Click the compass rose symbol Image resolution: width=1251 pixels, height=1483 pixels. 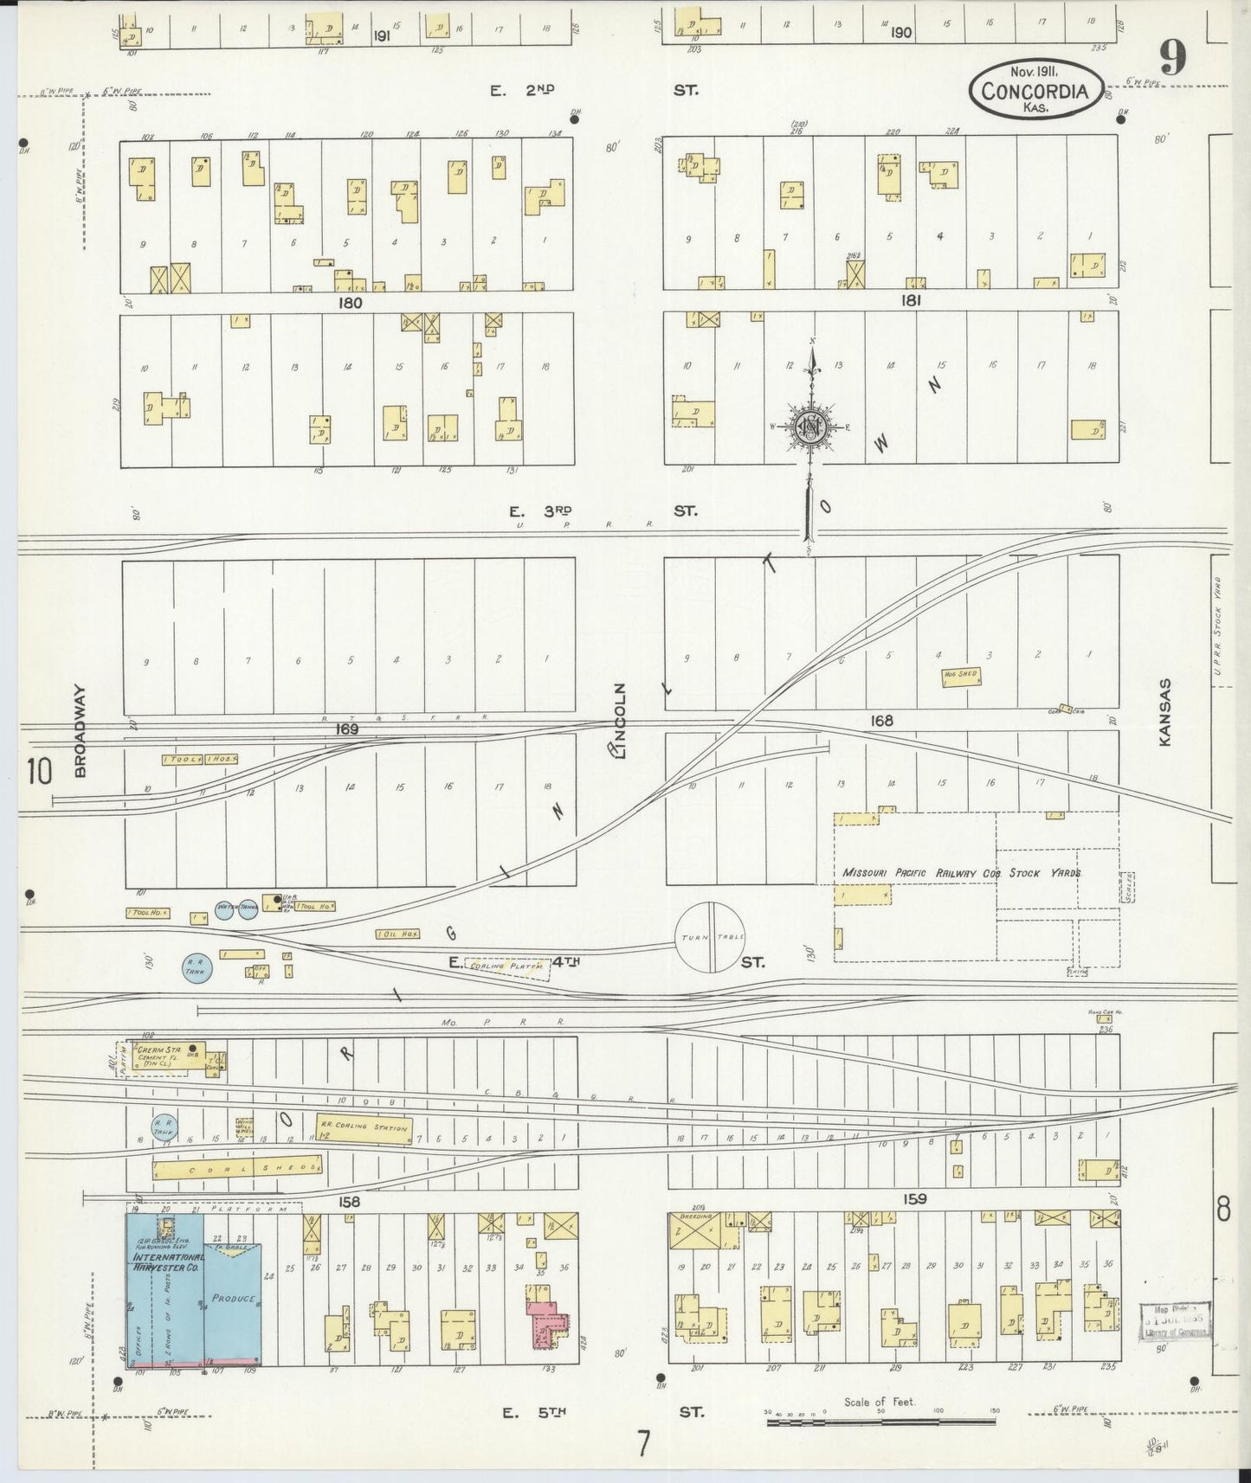tap(811, 426)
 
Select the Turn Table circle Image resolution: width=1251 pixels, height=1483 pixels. tap(710, 937)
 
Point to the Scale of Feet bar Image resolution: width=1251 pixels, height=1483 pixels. tap(880, 1421)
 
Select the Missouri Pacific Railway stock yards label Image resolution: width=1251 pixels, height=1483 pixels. tap(961, 873)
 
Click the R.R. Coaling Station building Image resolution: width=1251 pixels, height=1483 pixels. tap(364, 1128)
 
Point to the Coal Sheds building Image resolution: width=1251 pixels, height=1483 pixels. tap(237, 1169)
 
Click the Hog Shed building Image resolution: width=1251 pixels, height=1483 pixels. tap(962, 677)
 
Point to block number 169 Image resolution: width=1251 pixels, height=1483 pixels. tap(348, 729)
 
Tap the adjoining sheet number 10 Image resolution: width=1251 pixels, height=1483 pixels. tap(39, 771)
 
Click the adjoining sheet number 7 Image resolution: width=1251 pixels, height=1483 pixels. tap(642, 1443)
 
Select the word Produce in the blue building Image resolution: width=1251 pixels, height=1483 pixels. tap(234, 1299)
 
